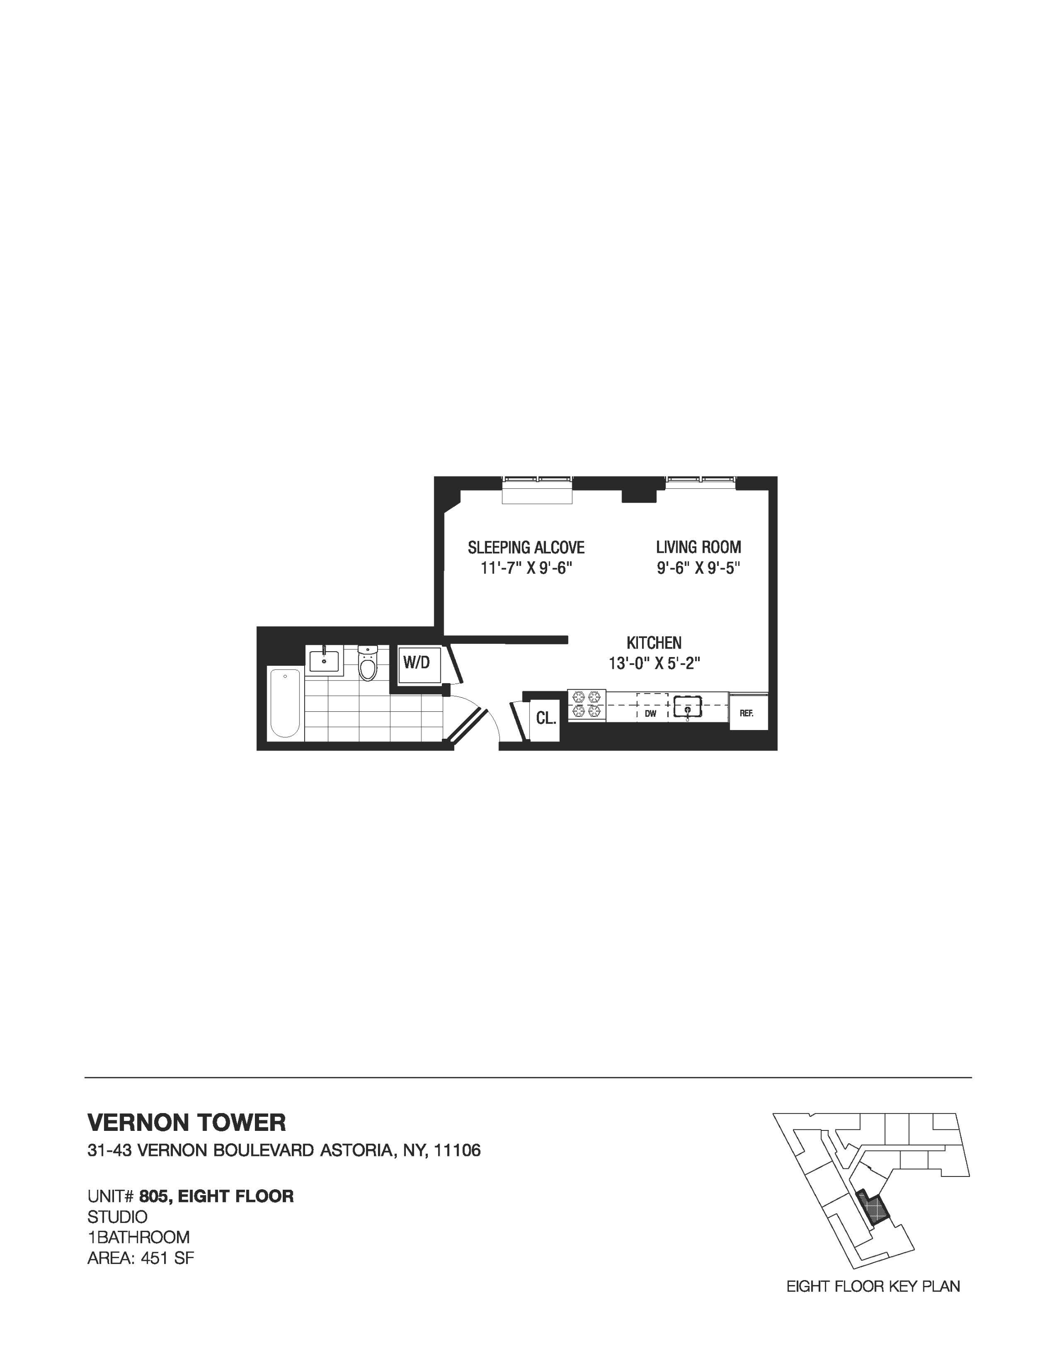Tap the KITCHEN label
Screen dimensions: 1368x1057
(x=654, y=642)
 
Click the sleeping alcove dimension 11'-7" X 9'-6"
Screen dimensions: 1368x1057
(x=526, y=568)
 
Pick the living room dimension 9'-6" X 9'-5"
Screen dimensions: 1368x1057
(x=698, y=568)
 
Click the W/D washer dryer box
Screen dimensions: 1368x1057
(x=416, y=663)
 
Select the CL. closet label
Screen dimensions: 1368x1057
(x=545, y=719)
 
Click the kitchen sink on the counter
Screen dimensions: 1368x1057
(x=688, y=706)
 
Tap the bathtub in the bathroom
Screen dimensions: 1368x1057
(x=285, y=703)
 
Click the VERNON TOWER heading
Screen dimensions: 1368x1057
(x=187, y=1123)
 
